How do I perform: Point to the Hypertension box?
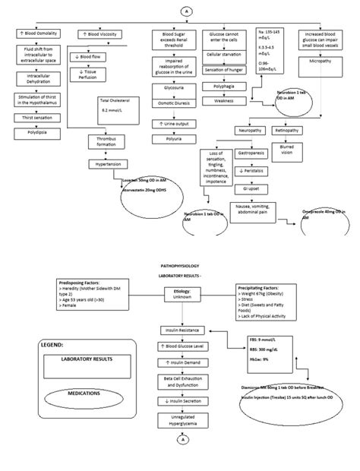105,164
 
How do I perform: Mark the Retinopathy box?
286,130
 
